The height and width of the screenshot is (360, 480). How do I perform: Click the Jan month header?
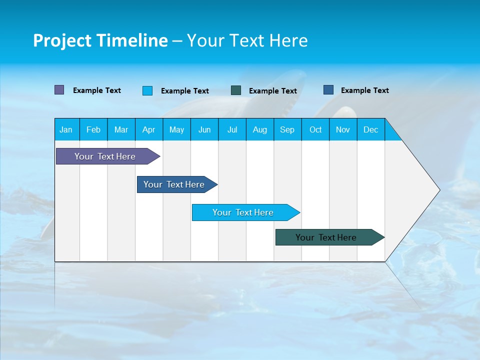pos(66,129)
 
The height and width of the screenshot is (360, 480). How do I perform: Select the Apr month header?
pos(148,129)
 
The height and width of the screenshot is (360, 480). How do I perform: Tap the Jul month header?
pos(232,129)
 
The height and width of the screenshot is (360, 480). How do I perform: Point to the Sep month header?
pos(287,129)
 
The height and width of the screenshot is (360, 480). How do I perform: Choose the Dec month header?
pos(370,129)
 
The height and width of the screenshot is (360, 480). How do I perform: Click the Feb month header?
pos(93,129)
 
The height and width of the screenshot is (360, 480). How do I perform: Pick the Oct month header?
pos(315,129)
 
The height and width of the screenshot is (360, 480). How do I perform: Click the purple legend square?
pos(59,90)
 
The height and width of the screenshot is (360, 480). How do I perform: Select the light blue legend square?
pos(147,90)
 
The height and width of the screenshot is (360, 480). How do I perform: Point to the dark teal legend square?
pos(236,90)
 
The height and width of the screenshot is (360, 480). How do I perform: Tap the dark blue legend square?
pos(328,90)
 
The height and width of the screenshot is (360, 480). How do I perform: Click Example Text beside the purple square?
pos(97,90)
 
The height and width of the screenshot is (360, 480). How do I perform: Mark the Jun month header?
pos(204,129)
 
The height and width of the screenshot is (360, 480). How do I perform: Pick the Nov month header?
pos(343,129)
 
